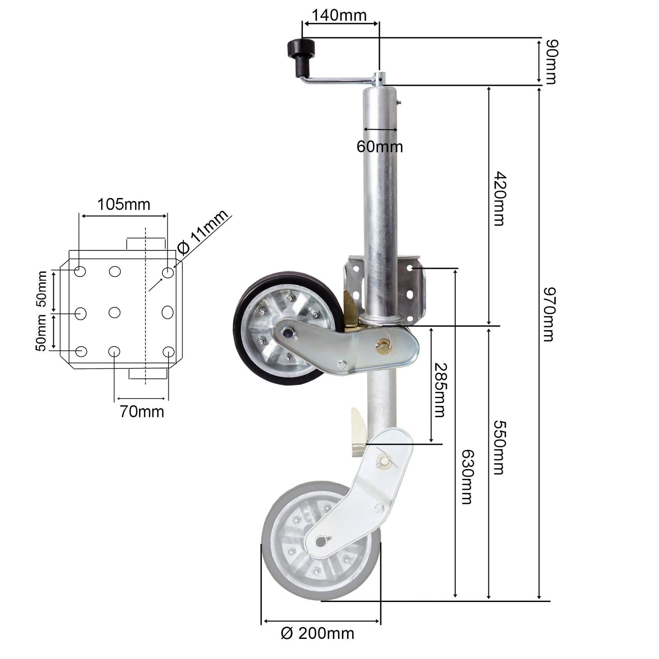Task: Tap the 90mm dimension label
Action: (x=550, y=62)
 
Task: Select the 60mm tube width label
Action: (x=379, y=146)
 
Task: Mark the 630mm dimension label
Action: (x=466, y=477)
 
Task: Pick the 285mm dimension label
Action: (x=439, y=390)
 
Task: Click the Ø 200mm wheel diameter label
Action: (x=317, y=633)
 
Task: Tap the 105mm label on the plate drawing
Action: (x=124, y=204)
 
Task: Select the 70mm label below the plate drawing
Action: (x=142, y=411)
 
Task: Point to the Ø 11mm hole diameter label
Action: (x=202, y=233)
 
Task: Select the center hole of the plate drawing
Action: (x=114, y=312)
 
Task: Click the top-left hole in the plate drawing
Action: (x=80, y=272)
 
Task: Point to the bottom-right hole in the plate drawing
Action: (x=168, y=352)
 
